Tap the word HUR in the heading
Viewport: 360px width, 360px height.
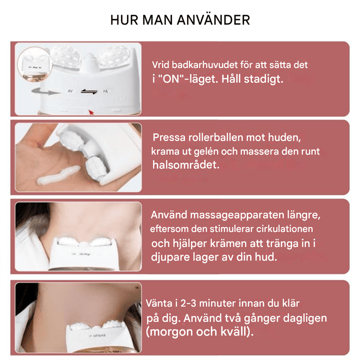(124, 20)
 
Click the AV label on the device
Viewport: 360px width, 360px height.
(70, 92)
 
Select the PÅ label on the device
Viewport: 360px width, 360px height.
(105, 92)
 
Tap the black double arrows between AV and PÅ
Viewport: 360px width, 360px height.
(87, 92)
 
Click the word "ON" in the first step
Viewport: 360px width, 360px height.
(170, 79)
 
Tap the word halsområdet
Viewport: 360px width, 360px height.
(185, 165)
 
